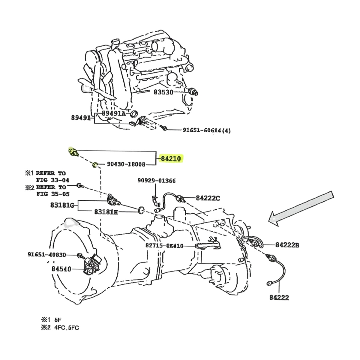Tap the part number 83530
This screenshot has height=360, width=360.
(x=163, y=92)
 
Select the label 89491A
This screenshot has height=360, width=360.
(x=113, y=113)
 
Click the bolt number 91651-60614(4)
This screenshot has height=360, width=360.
(x=207, y=130)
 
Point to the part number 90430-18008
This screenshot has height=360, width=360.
(x=126, y=164)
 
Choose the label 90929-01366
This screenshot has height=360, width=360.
(x=157, y=181)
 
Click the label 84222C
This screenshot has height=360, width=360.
(x=208, y=198)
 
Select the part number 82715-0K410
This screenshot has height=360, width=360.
(x=164, y=245)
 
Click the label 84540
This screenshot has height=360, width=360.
(x=61, y=269)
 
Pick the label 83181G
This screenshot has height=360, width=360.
(x=62, y=205)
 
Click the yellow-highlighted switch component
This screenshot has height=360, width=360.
(x=73, y=152)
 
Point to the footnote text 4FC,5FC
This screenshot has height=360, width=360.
(x=67, y=328)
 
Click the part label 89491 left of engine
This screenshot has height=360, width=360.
(x=81, y=118)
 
